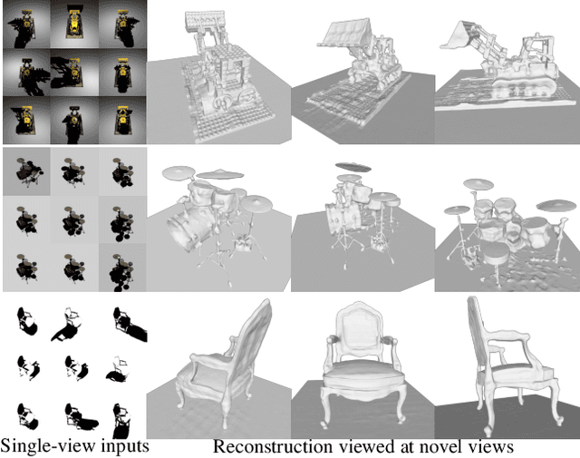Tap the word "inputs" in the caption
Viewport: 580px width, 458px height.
(125, 446)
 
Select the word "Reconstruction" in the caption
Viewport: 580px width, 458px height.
(273, 446)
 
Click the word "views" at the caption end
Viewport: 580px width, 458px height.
(490, 447)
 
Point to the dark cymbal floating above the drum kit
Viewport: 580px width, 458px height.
(353, 167)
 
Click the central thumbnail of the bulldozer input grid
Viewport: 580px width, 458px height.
(74, 73)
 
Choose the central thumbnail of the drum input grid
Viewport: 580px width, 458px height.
(74, 219)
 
